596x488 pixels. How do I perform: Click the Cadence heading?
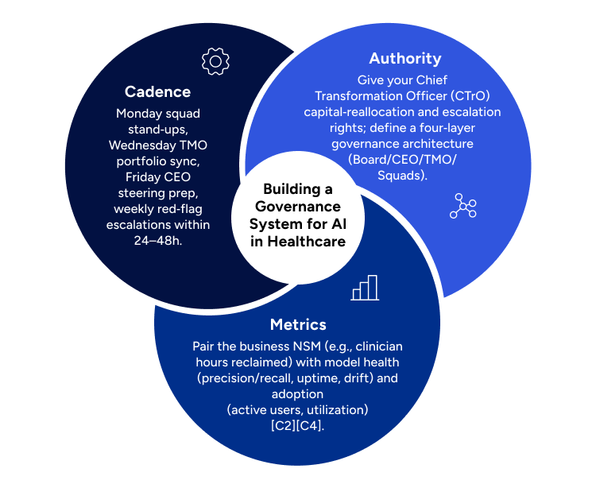point(157,91)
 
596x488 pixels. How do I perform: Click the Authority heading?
point(404,59)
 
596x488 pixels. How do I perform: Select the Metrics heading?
point(298,324)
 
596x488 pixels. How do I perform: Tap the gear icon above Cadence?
point(215,61)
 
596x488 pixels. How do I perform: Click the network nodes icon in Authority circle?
point(462,206)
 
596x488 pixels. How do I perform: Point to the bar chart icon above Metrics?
point(365,288)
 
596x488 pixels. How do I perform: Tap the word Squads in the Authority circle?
point(404,176)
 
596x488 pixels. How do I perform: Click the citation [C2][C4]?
point(298,426)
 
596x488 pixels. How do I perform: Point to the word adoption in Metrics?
point(298,394)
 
